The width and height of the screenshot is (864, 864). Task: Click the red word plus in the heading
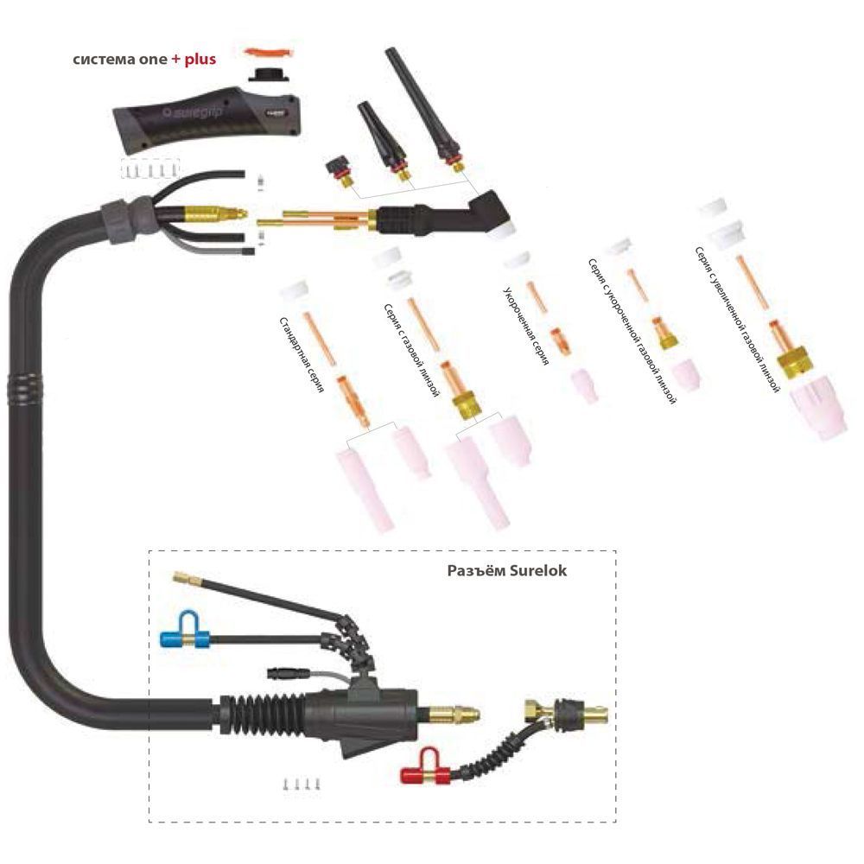tap(200, 60)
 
